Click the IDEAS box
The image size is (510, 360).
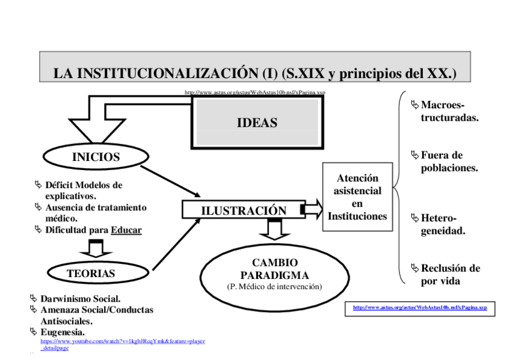(257, 123)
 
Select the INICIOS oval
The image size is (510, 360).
(96, 157)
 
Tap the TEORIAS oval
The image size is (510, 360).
(91, 273)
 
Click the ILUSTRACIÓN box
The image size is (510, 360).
(243, 210)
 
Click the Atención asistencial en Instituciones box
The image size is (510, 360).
(357, 197)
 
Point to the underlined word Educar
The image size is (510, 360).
(126, 230)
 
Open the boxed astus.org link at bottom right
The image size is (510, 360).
(420, 308)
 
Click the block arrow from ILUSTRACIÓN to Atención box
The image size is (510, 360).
(312, 209)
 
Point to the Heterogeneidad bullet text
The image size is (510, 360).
(443, 224)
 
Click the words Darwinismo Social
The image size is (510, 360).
(80, 299)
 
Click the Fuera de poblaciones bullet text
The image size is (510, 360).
(449, 162)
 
